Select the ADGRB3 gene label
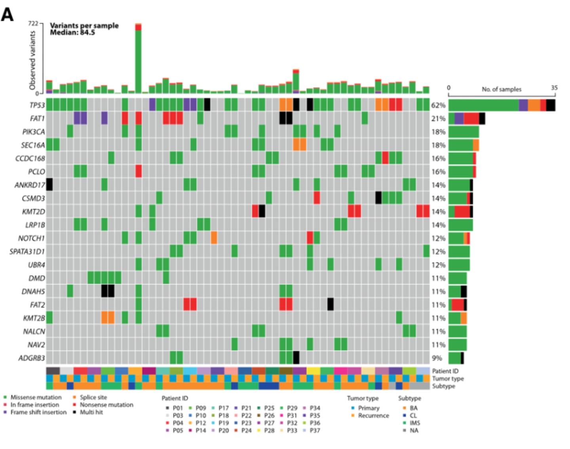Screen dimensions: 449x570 tap(32, 358)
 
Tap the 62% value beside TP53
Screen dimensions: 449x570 tap(438, 105)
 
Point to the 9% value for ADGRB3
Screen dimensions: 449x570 tap(437, 358)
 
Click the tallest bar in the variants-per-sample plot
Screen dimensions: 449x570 tap(138, 59)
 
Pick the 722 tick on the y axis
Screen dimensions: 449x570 tap(33, 24)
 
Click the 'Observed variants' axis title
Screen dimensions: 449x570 tap(32, 60)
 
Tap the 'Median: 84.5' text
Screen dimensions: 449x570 tap(72, 32)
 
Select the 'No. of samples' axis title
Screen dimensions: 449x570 tap(501, 89)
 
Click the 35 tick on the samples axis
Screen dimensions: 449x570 tap(554, 88)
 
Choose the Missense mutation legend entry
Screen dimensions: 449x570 tap(36, 397)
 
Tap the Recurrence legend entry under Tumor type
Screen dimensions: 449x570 tap(373, 415)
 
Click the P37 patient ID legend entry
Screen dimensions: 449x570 tap(315, 430)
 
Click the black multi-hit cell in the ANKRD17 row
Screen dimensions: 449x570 tap(49, 185)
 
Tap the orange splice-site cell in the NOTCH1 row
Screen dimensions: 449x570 tap(214, 238)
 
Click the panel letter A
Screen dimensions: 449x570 tap(8, 15)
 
